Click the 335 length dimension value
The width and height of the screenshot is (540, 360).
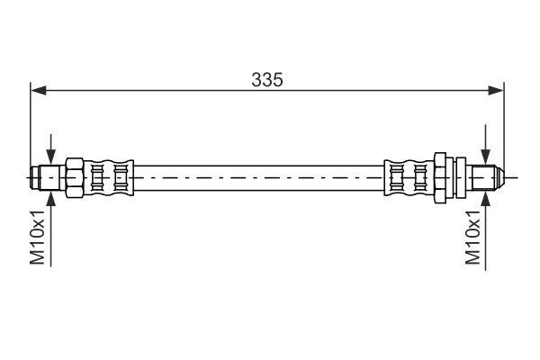[267, 79]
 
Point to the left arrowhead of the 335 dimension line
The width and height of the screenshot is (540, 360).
[38, 89]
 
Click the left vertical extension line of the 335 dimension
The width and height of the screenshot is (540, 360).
[31, 126]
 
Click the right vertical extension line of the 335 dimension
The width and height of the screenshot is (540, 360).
[504, 126]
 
